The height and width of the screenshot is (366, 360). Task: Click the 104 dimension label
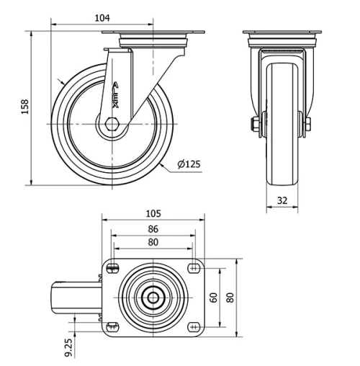tap(101, 17)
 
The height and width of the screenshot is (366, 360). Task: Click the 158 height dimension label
tap(24, 107)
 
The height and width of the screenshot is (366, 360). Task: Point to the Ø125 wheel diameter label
tap(188, 164)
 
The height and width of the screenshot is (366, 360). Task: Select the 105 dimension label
tap(153, 213)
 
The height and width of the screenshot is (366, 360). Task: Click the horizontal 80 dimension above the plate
tap(153, 242)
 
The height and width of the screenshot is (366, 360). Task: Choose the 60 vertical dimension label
tap(214, 297)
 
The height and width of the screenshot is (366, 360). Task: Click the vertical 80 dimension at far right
tap(230, 297)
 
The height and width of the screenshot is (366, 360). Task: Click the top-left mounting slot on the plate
tap(112, 269)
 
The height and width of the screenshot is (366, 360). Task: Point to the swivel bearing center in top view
tap(153, 297)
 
